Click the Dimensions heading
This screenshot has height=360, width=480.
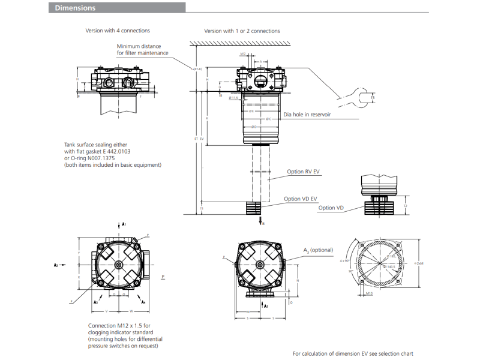[x=76, y=8]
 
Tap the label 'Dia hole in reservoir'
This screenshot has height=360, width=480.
[x=307, y=114]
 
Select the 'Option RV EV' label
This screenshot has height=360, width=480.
[x=303, y=172]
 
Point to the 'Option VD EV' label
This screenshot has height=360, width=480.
[x=301, y=199]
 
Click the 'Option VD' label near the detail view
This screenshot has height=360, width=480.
[x=331, y=208]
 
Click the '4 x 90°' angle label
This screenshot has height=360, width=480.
[x=344, y=261]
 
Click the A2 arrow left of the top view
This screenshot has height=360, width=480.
[x=58, y=264]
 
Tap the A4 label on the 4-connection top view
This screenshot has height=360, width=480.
[x=143, y=302]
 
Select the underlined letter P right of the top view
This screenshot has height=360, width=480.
[x=163, y=277]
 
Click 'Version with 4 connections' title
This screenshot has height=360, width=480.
[x=118, y=31]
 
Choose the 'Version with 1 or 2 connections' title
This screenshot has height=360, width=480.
[x=242, y=31]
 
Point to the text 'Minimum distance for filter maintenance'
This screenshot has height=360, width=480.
[x=142, y=49]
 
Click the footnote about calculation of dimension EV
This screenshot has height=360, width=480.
[x=353, y=353]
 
